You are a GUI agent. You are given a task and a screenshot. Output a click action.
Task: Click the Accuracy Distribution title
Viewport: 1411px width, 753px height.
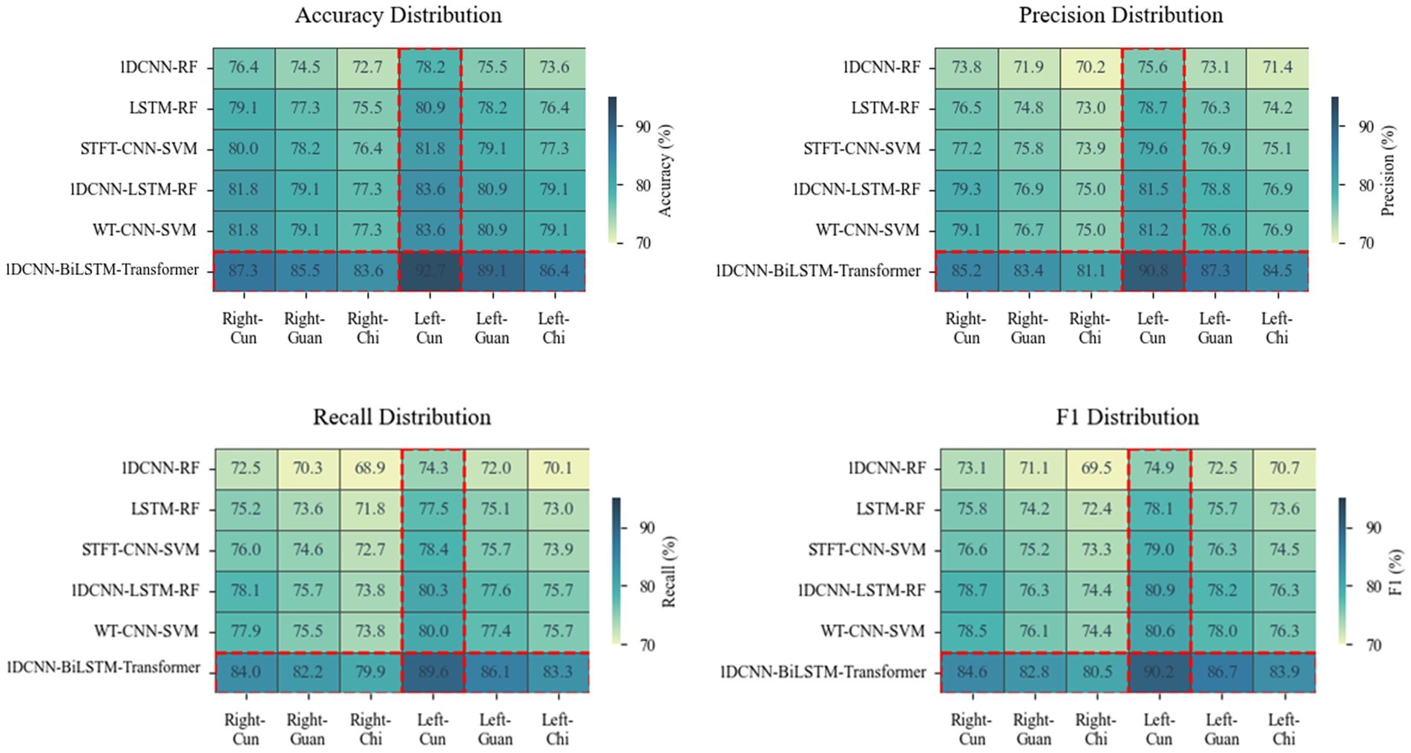[398, 16]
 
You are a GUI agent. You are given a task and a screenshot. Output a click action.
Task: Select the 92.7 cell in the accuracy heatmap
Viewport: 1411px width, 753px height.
[430, 271]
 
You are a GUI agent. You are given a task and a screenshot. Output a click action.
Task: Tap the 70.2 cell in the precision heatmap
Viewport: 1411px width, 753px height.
[1091, 68]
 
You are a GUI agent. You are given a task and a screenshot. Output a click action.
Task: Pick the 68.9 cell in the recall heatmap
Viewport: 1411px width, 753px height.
[370, 469]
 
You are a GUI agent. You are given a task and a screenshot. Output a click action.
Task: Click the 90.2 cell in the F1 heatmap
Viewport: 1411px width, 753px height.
[1159, 672]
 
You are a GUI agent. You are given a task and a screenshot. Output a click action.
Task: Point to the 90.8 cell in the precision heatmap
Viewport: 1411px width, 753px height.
[1153, 271]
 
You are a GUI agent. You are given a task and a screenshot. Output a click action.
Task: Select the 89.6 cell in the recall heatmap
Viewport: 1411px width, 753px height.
[432, 672]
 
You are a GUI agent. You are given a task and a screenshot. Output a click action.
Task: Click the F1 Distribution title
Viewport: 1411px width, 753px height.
[1127, 417]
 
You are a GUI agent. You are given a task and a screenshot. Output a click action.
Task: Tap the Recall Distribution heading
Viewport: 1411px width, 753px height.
[401, 417]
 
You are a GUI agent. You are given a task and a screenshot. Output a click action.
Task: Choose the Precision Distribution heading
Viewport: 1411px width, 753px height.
[1120, 16]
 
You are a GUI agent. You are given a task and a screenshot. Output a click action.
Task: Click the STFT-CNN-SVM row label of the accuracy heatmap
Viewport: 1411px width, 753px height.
[139, 149]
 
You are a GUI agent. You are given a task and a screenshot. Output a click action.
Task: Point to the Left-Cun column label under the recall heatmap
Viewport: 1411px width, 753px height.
[432, 729]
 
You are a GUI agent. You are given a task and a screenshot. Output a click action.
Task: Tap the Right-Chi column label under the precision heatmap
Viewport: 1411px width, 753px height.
[1090, 328]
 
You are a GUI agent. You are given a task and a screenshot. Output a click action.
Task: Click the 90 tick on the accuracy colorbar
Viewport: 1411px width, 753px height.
[643, 127]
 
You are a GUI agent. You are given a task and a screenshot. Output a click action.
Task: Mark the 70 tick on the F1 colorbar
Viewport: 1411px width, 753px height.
[1373, 645]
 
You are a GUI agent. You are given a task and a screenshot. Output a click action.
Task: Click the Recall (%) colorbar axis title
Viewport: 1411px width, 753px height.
[669, 571]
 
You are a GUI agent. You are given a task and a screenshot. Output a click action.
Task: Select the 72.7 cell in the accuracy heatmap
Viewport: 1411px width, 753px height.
[367, 68]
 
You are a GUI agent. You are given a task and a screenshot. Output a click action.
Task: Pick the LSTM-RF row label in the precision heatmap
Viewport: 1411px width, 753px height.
[886, 108]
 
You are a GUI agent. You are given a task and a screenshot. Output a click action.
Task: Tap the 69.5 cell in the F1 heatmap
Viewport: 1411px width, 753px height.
[1096, 469]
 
